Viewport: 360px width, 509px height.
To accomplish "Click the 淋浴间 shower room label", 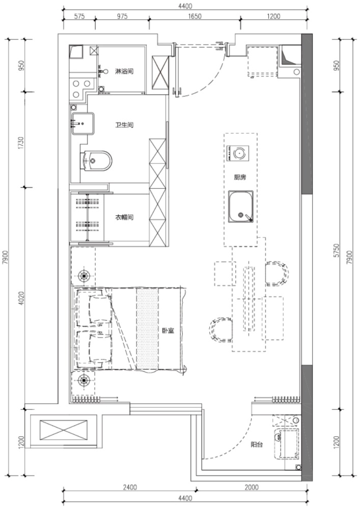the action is click(x=124, y=71).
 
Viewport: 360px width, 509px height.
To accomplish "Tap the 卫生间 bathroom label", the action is click(x=124, y=125).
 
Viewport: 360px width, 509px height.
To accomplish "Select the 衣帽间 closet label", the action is click(x=124, y=217).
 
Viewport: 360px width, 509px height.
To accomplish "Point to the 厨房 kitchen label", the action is click(x=240, y=177).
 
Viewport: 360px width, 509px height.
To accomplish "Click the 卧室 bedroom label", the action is click(x=168, y=331).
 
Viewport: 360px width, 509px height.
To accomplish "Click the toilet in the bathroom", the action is click(x=96, y=160).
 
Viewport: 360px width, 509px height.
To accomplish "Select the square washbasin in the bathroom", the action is click(x=83, y=123).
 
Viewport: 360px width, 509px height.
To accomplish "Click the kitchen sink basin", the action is click(x=240, y=207).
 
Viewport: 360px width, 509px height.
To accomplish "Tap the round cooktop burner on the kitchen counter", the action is click(x=240, y=153).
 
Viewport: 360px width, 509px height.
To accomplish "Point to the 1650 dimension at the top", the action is click(x=195, y=16).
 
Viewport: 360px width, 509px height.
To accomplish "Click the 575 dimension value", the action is click(x=79, y=16).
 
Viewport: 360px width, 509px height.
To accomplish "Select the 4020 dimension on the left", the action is click(x=21, y=298).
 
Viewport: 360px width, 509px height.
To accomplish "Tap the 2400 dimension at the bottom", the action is click(x=130, y=487).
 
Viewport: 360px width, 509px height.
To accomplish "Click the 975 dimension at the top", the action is click(x=122, y=16).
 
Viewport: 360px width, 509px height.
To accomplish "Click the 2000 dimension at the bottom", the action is click(x=252, y=487).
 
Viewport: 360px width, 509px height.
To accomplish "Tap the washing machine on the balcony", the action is click(x=286, y=443).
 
